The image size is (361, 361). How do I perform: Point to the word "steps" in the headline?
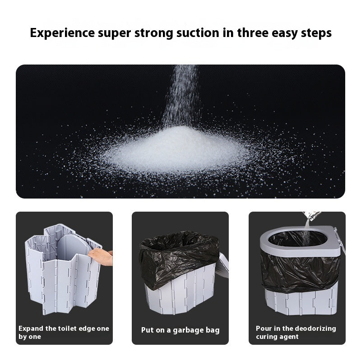point(315,33)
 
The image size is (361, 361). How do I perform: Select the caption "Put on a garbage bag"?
point(180,330)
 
